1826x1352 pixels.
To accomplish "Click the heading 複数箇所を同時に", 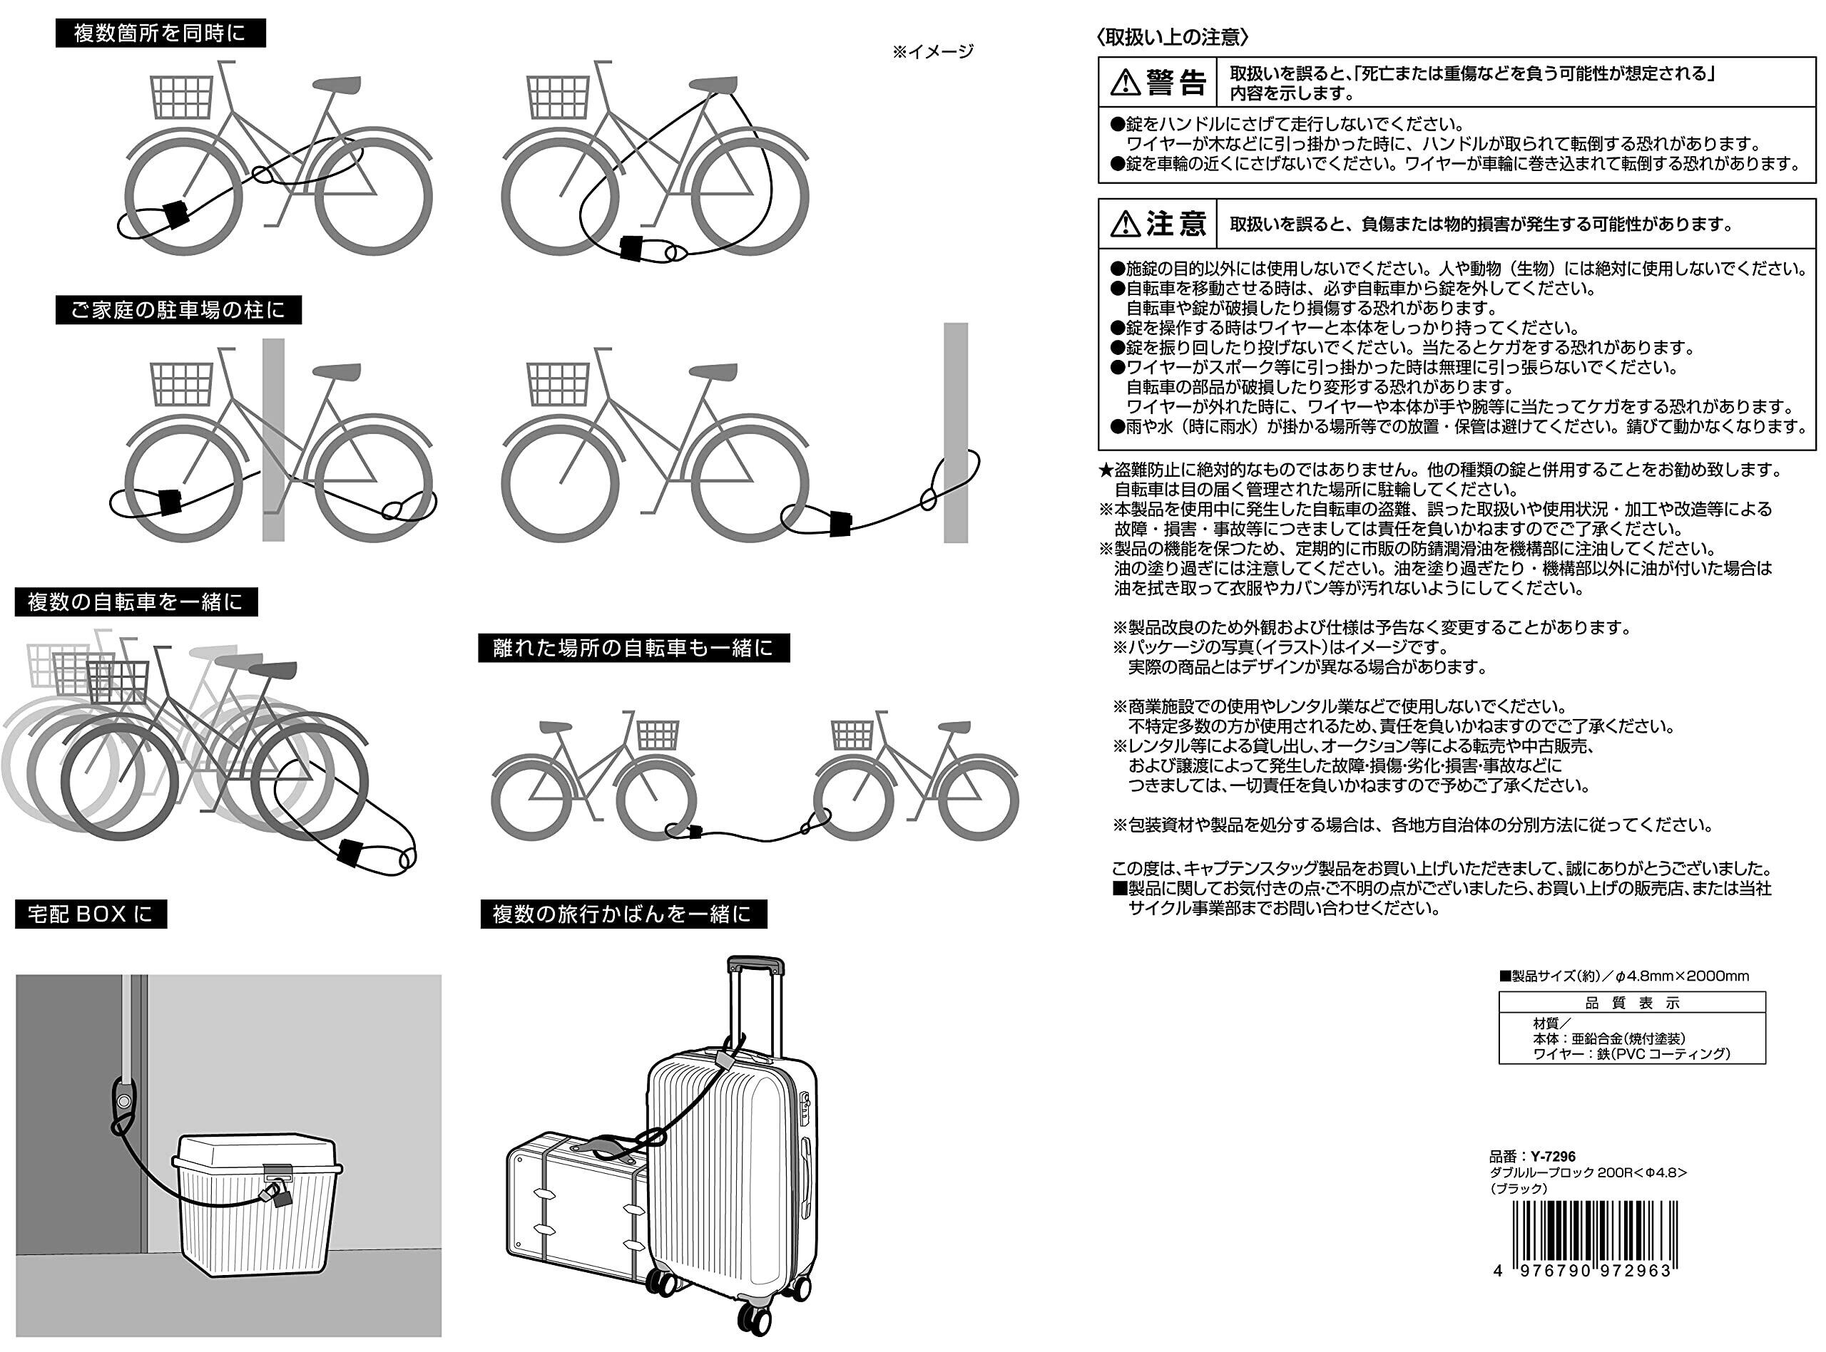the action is pos(160,33).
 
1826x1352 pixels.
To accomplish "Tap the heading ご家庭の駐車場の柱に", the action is pos(178,310).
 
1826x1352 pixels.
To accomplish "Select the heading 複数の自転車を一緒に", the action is pos(136,602).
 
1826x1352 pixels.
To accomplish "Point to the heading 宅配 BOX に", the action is pos(91,914).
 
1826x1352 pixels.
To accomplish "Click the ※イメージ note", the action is pos(933,51).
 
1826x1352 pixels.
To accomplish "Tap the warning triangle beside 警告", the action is pos(1125,83).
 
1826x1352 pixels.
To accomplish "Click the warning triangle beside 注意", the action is pos(1125,223).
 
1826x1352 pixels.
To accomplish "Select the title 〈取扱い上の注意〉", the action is pos(1173,37).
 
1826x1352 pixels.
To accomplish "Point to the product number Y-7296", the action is pos(1553,1157).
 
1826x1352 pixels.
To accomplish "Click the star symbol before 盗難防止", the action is pos(1106,470).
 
